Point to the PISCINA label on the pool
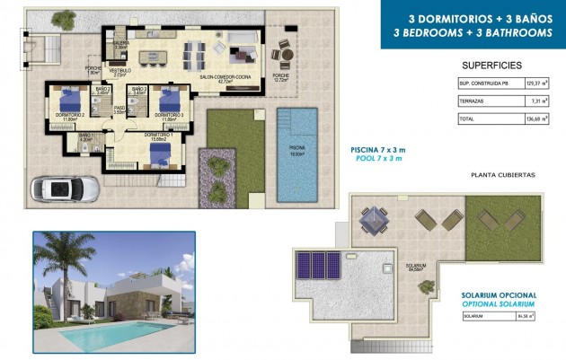[296, 151]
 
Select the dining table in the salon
[194, 54]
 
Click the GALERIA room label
[121, 43]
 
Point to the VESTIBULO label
[120, 70]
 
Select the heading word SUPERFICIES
[492, 66]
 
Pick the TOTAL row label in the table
[467, 118]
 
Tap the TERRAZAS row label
[472, 101]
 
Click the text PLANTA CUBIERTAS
[503, 176]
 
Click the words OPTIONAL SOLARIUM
[499, 303]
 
